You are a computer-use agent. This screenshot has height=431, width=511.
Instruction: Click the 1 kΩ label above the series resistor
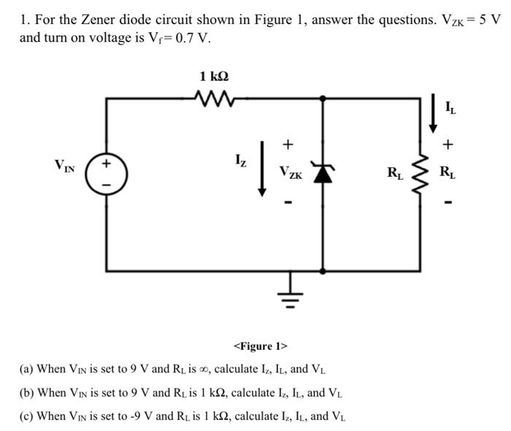click(218, 75)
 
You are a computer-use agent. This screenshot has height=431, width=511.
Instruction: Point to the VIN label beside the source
click(67, 164)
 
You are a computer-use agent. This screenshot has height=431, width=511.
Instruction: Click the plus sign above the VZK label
click(288, 143)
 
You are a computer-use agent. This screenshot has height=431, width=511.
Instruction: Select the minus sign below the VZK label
click(288, 201)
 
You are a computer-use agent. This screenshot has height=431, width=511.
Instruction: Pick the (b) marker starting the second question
click(26, 393)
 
